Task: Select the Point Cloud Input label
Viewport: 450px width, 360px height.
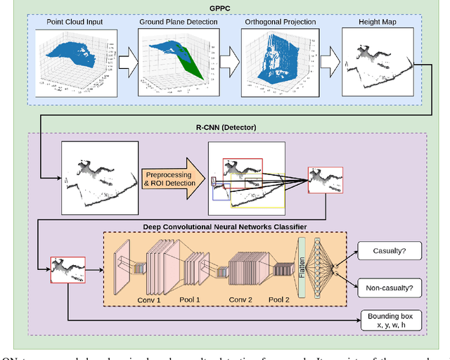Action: click(x=75, y=22)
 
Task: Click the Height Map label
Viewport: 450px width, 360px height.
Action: click(x=370, y=22)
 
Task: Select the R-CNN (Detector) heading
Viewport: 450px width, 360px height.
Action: click(x=226, y=127)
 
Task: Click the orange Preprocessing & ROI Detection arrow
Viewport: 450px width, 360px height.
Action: click(x=172, y=178)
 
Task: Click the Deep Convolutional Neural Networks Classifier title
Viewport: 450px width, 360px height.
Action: click(x=224, y=226)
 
